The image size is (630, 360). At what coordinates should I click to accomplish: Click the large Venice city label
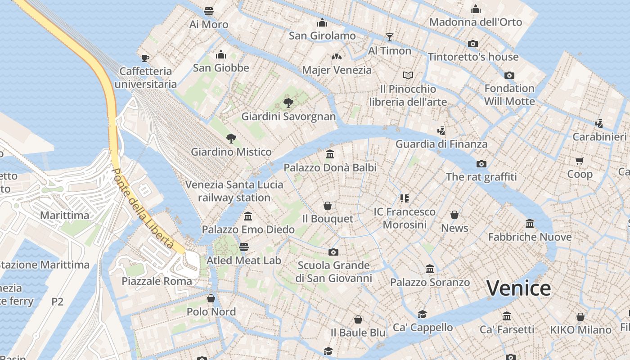(518, 288)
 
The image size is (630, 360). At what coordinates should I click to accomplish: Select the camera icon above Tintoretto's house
(472, 44)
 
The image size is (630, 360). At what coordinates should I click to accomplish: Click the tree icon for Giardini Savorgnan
(288, 103)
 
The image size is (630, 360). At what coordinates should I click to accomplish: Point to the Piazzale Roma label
(157, 281)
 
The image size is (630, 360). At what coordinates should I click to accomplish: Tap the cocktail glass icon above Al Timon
(389, 37)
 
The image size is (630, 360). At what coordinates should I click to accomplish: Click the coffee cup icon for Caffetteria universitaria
(145, 58)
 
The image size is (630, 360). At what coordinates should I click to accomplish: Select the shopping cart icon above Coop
(579, 161)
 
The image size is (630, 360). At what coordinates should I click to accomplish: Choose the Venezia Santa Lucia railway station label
(234, 191)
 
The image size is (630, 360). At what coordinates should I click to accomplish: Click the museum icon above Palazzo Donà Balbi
(330, 154)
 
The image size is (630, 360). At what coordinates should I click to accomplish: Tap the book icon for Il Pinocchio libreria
(408, 75)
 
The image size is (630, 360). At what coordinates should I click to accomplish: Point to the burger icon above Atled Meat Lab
(243, 247)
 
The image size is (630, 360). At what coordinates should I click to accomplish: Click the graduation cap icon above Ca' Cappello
(422, 314)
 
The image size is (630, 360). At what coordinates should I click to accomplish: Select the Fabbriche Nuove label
(530, 237)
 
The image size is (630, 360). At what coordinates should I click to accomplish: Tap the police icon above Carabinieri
(599, 123)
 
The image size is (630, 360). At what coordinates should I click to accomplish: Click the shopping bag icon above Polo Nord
(211, 298)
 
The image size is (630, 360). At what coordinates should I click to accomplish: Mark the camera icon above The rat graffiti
(481, 164)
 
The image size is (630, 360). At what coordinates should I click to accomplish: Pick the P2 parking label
(57, 301)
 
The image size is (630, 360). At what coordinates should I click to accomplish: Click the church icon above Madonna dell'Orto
(476, 9)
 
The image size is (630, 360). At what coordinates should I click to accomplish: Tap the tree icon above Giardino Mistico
(231, 138)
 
